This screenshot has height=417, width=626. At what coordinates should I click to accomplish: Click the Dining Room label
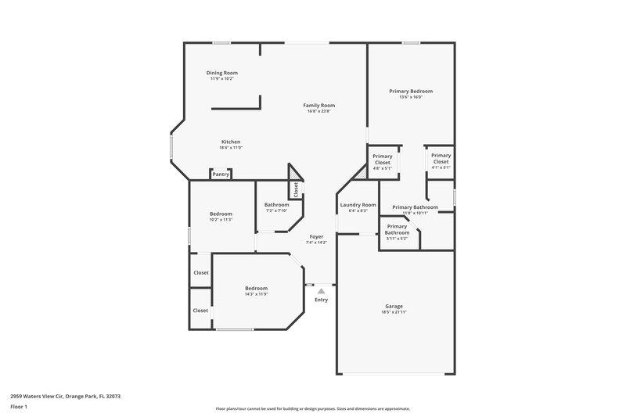coord(221,73)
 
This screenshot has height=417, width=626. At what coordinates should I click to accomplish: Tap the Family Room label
coord(319,105)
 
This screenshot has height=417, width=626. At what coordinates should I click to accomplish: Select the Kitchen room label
coord(231,142)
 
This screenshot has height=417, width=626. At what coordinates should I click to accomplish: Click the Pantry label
coord(221,174)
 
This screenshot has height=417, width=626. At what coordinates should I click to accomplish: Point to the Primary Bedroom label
coord(411,91)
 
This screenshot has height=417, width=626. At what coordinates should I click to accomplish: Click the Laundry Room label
coord(358,205)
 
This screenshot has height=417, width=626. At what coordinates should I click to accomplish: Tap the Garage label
coord(394,306)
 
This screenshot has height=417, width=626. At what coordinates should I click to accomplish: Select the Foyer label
coord(316,236)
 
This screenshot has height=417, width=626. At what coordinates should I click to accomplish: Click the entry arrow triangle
coord(321,290)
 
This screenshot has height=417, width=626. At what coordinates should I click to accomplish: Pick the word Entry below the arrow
coord(321,300)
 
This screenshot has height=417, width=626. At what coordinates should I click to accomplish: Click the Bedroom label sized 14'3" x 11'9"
coord(256,288)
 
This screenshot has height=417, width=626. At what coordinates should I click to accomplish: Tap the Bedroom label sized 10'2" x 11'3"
coord(221,214)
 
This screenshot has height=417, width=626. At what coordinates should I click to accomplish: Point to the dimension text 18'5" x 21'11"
coord(394,313)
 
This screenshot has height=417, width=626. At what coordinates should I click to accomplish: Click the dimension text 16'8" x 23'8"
coord(319,111)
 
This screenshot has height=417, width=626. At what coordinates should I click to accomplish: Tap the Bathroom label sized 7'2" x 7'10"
coord(277,205)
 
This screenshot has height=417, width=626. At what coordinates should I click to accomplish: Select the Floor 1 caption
coord(19,408)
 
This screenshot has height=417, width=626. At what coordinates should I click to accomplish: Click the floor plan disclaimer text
coord(312,408)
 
